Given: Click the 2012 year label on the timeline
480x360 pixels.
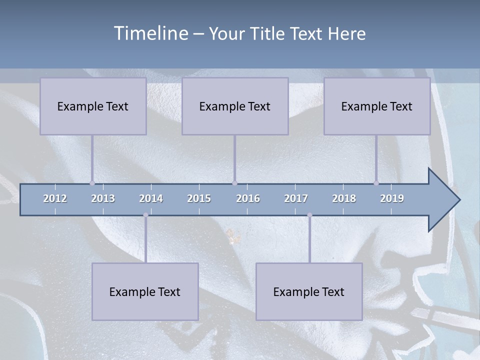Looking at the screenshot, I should [x=55, y=198].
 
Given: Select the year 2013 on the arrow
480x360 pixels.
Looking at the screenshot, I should [x=103, y=198].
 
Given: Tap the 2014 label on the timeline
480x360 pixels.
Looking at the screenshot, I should [x=151, y=198].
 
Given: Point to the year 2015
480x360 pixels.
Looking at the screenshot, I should [x=199, y=198].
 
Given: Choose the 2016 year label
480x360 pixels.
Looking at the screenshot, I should [x=248, y=198].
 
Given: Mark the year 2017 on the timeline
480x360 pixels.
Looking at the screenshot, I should [x=296, y=198].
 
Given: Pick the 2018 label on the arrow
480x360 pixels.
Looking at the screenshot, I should [x=344, y=198].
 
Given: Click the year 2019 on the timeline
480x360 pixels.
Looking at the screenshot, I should [x=392, y=198].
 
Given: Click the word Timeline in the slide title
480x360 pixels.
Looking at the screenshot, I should [x=149, y=33].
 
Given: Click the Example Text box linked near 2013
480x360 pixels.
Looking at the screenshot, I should [x=93, y=106].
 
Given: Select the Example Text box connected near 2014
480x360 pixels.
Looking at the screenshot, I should [x=145, y=291].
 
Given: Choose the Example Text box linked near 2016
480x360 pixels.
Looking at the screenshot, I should [x=235, y=106].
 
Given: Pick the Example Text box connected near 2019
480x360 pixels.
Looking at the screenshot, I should [x=377, y=106].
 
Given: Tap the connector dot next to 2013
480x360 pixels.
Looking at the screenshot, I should [x=92, y=183].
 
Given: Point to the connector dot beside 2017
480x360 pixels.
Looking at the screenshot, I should [x=309, y=215].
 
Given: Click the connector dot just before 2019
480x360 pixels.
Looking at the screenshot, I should [x=376, y=183].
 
